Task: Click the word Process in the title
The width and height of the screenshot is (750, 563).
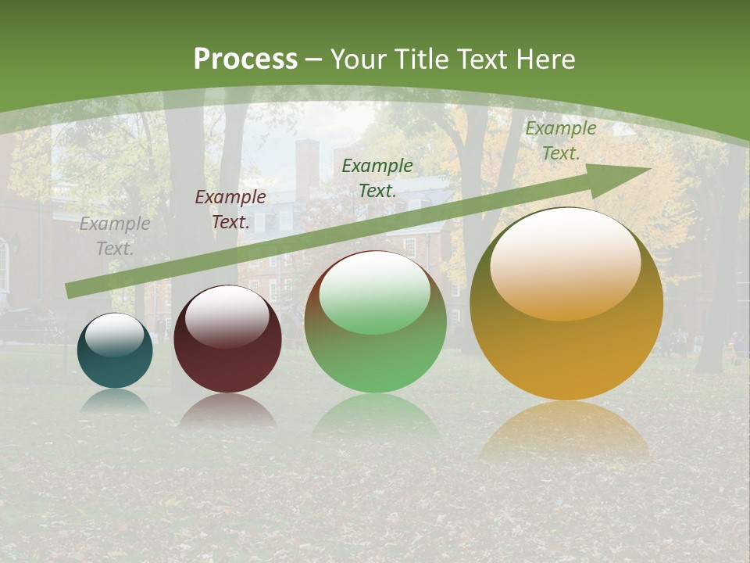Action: click(x=245, y=59)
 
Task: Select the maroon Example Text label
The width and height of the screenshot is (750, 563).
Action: click(x=230, y=210)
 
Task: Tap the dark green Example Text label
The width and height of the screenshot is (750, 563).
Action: click(x=377, y=178)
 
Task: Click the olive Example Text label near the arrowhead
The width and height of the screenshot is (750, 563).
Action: click(x=560, y=141)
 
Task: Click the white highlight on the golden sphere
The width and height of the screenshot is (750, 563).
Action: click(x=565, y=262)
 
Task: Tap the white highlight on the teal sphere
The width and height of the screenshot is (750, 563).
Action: click(x=114, y=335)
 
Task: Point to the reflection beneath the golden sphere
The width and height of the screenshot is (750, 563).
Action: click(x=565, y=434)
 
